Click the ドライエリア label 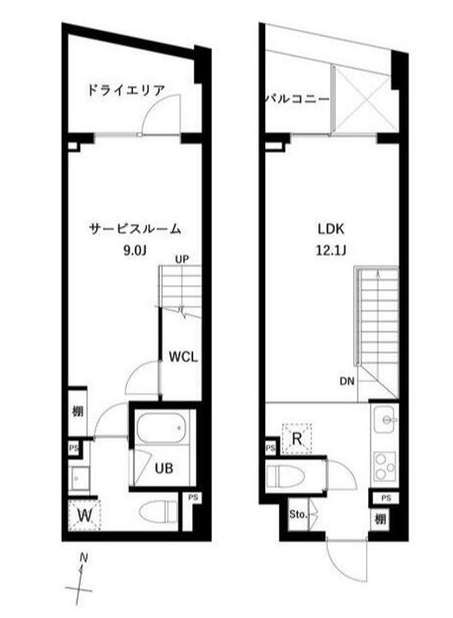click(126, 89)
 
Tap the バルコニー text click(297, 100)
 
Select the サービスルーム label click(136, 229)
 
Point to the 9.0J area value click(136, 252)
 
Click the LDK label click(330, 230)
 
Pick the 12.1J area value click(330, 252)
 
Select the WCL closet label click(183, 357)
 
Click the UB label click(164, 469)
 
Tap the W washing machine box click(86, 515)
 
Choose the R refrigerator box click(297, 439)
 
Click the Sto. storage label click(297, 516)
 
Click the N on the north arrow click(83, 558)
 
